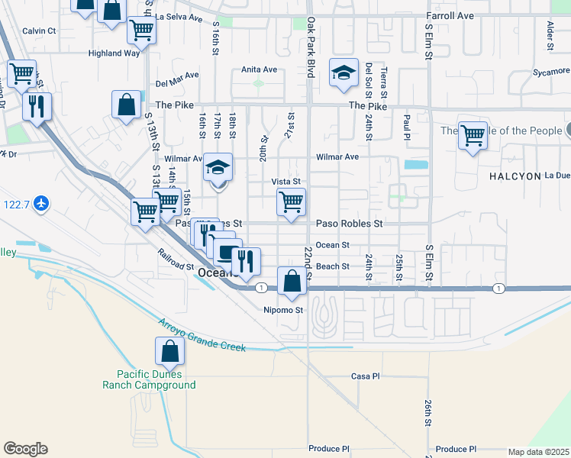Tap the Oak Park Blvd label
pos(311,47)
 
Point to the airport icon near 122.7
pos(41,203)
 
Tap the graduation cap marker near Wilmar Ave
pos(218,168)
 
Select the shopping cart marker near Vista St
pos(291,203)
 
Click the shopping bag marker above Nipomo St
pos(292,281)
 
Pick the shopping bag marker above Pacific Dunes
pos(169,351)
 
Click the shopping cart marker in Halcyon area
pos(473,136)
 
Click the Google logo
pos(25,449)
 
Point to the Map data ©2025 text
pos(538,452)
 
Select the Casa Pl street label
pos(365,376)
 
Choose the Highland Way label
pos(114,53)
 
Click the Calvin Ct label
pos(39,31)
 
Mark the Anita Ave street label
pos(259,69)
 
